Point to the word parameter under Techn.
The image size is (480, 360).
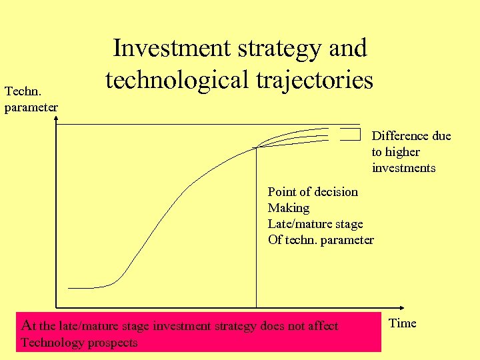31,107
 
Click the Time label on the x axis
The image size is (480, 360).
402,323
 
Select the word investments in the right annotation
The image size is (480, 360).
403,168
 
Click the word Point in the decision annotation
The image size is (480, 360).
281,192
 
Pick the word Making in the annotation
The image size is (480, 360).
289,208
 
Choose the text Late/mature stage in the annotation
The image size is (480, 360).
315,224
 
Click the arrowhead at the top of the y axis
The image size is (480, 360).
57,121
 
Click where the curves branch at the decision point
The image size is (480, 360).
257,147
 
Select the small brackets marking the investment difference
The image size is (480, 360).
349,135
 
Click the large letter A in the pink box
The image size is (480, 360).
27,326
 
